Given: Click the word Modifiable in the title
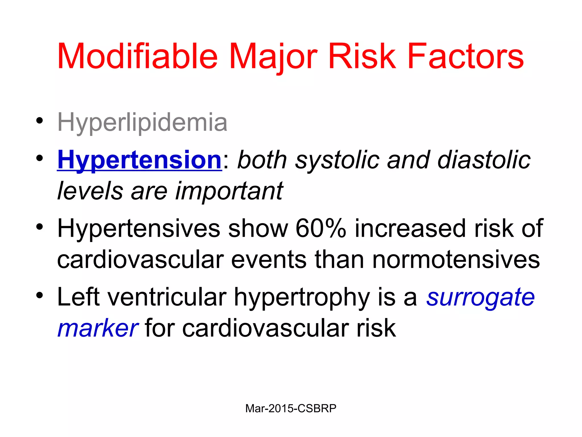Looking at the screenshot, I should coord(137,56).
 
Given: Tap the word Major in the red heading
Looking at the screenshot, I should coord(273,56).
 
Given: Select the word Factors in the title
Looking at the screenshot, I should coord(465,56).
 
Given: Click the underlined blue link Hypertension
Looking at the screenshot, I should coord(139,160).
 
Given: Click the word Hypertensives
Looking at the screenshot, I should coord(138,229).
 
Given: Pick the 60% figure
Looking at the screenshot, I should coord(321,228).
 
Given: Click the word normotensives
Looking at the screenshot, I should coord(456,259).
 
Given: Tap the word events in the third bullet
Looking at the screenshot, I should coord(269,259).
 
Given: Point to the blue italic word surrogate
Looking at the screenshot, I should coord(480,298).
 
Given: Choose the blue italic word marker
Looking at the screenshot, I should coord(98,329).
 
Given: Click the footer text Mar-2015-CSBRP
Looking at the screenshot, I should coord(291,409).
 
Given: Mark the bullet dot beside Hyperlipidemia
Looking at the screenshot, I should coord(40,120).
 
